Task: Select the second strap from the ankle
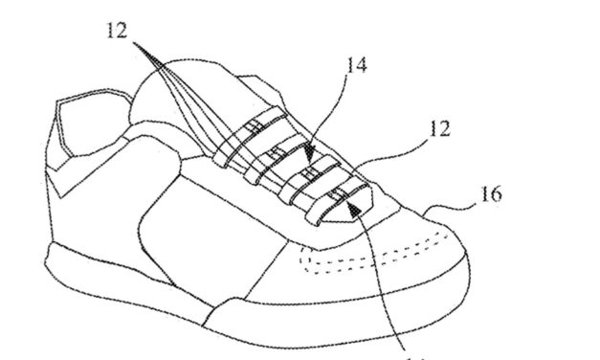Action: [278, 154]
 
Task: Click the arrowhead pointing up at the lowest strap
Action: [356, 194]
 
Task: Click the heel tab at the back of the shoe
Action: [77, 124]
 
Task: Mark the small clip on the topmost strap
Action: [253, 127]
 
